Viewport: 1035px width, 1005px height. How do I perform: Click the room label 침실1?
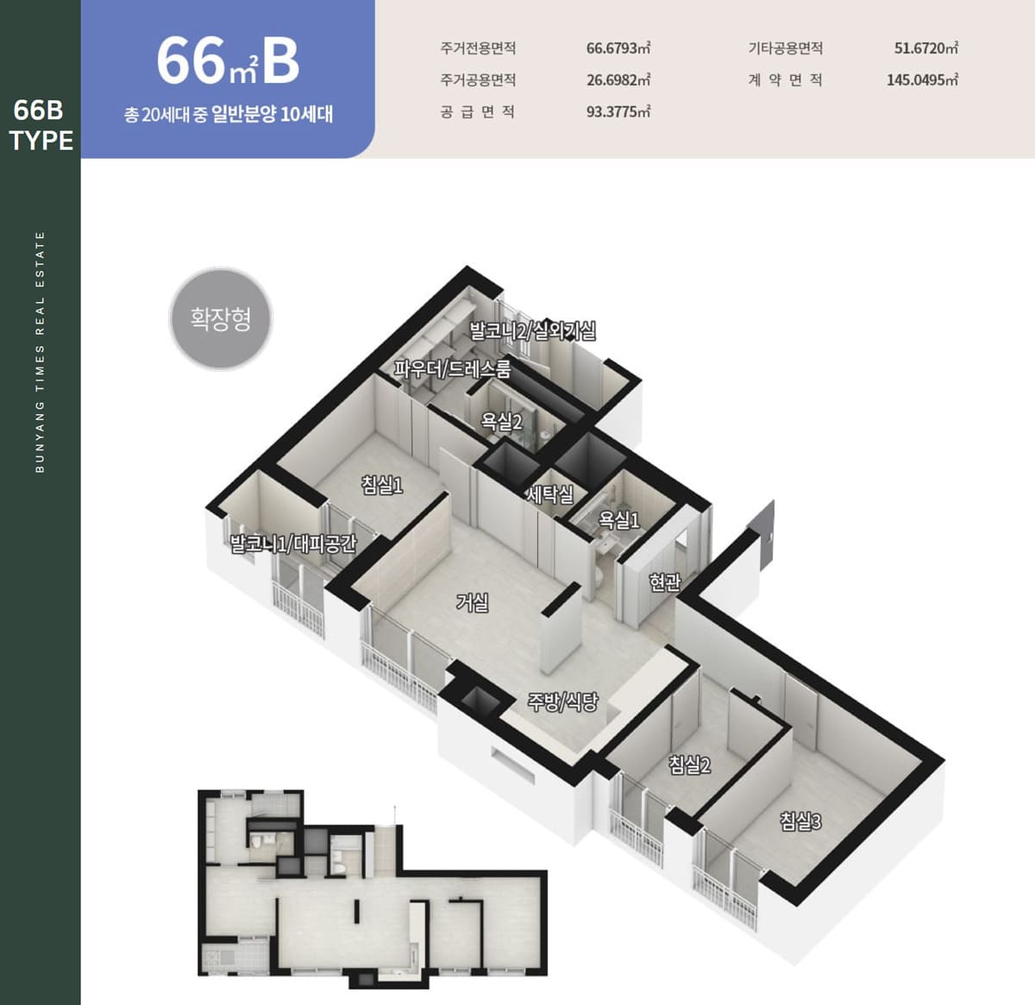(x=382, y=485)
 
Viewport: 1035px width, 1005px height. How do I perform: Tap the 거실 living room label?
(x=472, y=602)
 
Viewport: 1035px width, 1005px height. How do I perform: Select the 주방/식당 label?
(x=562, y=701)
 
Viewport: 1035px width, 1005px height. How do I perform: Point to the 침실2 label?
(x=689, y=765)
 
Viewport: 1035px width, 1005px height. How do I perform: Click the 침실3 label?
(x=800, y=821)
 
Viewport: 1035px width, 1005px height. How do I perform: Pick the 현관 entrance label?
(x=664, y=581)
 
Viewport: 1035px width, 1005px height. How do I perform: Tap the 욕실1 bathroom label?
(x=618, y=519)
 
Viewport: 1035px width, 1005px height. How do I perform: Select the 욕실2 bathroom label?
(x=501, y=422)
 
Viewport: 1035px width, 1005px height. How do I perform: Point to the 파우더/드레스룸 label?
(x=452, y=368)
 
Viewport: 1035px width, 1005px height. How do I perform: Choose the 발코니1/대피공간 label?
(x=292, y=543)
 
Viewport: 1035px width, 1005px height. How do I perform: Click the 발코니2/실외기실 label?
(x=532, y=330)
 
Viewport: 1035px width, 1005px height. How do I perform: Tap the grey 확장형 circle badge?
(x=221, y=318)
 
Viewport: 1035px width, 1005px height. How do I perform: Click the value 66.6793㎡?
(x=618, y=48)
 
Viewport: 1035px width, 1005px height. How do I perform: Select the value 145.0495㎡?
(x=922, y=80)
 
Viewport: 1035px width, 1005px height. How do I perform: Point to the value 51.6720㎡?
(x=926, y=48)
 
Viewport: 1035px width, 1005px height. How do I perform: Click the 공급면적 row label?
(x=478, y=112)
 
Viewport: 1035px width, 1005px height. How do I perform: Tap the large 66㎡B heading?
(x=228, y=60)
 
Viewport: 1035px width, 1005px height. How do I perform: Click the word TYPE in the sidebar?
(x=41, y=141)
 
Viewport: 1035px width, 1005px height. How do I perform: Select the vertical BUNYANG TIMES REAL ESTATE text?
(x=40, y=352)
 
